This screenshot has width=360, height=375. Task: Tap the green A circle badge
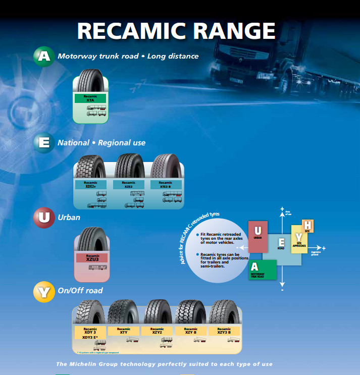[44, 56]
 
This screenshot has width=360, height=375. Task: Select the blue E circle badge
[44, 142]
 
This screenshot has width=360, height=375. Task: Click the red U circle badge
[44, 218]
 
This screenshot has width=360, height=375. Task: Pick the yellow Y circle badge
[44, 291]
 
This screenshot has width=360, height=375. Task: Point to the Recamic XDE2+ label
[91, 185]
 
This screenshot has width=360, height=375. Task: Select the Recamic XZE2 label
[128, 185]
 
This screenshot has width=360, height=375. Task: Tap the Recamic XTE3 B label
[166, 185]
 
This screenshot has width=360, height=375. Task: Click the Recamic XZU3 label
[92, 257]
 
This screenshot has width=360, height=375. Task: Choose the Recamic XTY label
[123, 331]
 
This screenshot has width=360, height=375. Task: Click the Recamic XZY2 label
[157, 331]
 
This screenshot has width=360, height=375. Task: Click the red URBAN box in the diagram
[258, 236]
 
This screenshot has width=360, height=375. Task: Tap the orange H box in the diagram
[307, 226]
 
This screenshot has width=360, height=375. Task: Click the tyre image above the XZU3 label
[92, 239]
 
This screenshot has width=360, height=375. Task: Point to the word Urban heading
[69, 218]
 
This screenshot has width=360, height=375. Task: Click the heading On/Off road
[80, 291]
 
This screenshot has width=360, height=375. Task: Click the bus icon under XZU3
[97, 267]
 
